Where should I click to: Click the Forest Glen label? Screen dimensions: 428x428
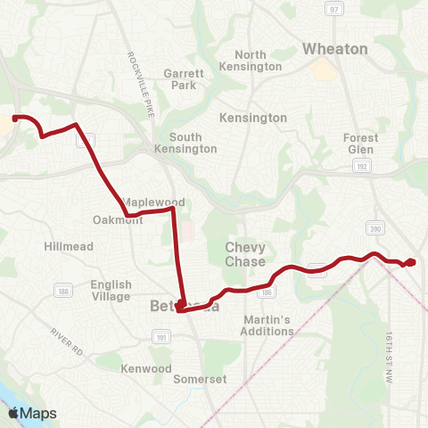click(x=360, y=144)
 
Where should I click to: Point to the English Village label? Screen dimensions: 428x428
click(x=111, y=291)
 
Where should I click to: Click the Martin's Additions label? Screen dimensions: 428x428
click(x=267, y=325)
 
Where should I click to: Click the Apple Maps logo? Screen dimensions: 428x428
click(x=32, y=413)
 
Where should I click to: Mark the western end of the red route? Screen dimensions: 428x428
click(x=15, y=117)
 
